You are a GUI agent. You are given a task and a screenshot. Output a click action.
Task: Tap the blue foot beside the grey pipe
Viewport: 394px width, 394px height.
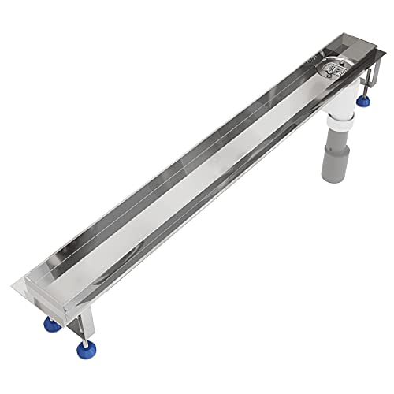click(364, 101)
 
